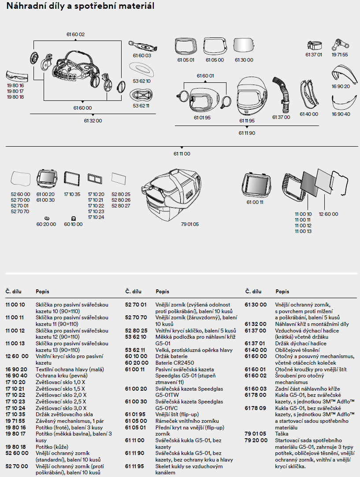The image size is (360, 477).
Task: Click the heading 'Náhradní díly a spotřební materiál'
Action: tap(79, 7)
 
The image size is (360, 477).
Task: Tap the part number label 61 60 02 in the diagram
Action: tap(75, 34)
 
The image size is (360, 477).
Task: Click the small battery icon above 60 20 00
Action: tap(47, 218)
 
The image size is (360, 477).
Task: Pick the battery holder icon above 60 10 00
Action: tap(73, 218)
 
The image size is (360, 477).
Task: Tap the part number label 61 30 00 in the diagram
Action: tap(244, 60)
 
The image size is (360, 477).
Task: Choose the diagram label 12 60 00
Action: tap(328, 214)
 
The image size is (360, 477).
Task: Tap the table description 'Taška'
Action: tap(282, 434)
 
